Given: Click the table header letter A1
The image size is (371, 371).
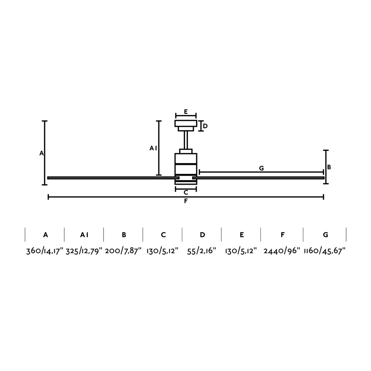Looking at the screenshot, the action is pyautogui.click(x=84, y=235).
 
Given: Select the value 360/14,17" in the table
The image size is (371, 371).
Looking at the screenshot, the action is pyautogui.click(x=45, y=251).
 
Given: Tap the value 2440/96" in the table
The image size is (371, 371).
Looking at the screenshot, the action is pyautogui.click(x=282, y=251).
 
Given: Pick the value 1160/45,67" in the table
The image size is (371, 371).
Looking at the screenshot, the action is pyautogui.click(x=325, y=251).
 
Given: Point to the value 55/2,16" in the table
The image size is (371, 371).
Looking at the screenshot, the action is pyautogui.click(x=202, y=251).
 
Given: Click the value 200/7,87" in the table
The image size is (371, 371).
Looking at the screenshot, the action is pyautogui.click(x=123, y=251).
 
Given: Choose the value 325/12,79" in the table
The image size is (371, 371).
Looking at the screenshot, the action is pyautogui.click(x=84, y=251).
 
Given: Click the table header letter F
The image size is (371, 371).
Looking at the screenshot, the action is pyautogui.click(x=282, y=235).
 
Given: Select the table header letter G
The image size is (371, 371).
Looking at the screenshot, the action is pyautogui.click(x=326, y=235).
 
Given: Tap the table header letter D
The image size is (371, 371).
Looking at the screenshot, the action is pyautogui.click(x=202, y=235).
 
